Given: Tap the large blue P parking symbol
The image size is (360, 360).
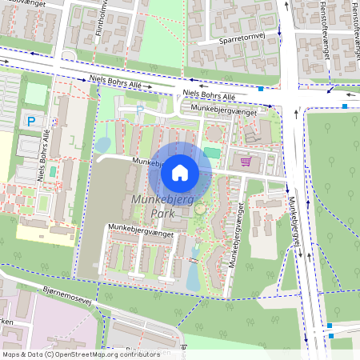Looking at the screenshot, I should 31,122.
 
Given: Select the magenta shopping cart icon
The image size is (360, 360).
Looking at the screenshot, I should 246,162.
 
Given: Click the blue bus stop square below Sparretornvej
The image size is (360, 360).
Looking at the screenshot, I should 261,89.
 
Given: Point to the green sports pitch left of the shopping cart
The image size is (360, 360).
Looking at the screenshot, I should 211,152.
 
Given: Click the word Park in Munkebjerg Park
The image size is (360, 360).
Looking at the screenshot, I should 163,214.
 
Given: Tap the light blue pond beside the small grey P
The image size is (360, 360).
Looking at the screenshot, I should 103,146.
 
